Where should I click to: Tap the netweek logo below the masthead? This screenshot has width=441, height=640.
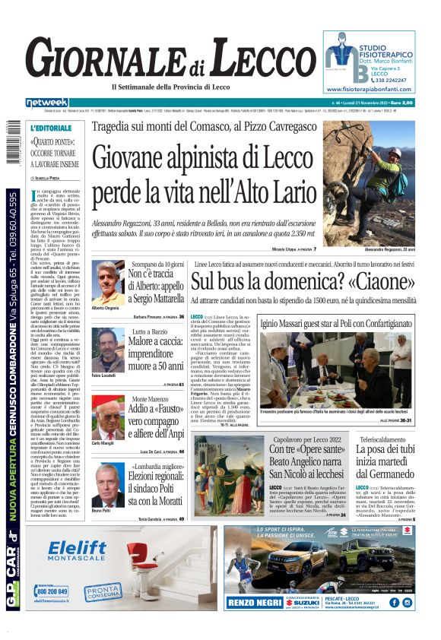point(46,103)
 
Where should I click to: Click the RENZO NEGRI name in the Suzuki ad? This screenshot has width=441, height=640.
point(252,604)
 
